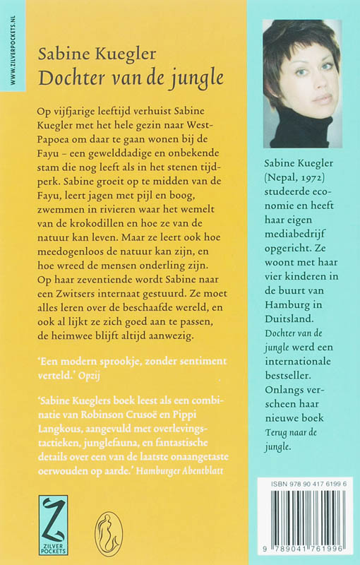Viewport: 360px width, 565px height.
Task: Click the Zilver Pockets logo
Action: tap(53, 523)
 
